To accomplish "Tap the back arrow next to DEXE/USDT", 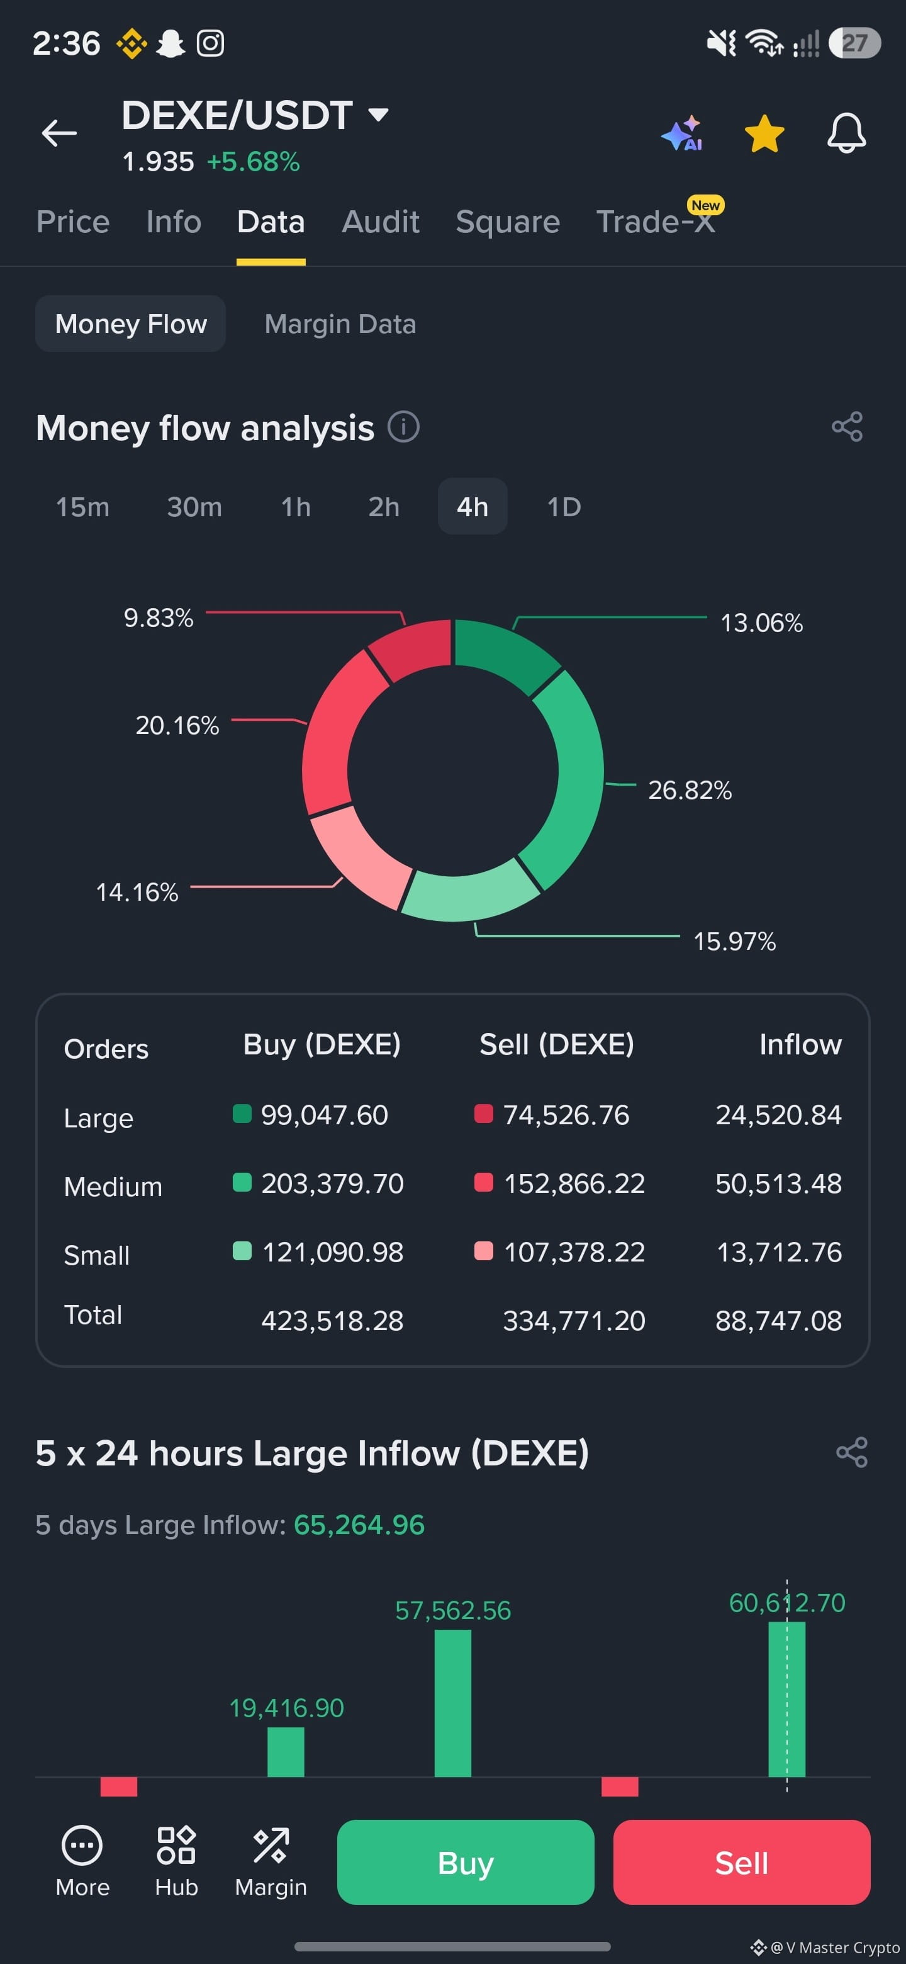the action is [x=59, y=133].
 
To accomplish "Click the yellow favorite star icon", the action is [x=764, y=133].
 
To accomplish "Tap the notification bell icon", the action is [x=847, y=133].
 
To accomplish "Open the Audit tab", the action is [x=380, y=222].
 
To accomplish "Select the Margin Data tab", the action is [x=340, y=324].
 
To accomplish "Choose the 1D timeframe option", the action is [x=564, y=507].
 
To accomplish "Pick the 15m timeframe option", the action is [x=82, y=507].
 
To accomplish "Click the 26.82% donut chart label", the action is [x=690, y=790].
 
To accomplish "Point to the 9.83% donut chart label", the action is [x=159, y=618].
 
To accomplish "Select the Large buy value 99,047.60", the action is [x=325, y=1115].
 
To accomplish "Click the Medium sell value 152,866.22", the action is [x=574, y=1183].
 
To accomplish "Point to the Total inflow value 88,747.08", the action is [x=778, y=1321].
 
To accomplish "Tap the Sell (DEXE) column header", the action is [x=556, y=1044].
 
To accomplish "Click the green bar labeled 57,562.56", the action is [x=452, y=1703].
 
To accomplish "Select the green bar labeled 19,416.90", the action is [x=286, y=1752].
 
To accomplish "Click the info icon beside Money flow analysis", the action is [x=403, y=427].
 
